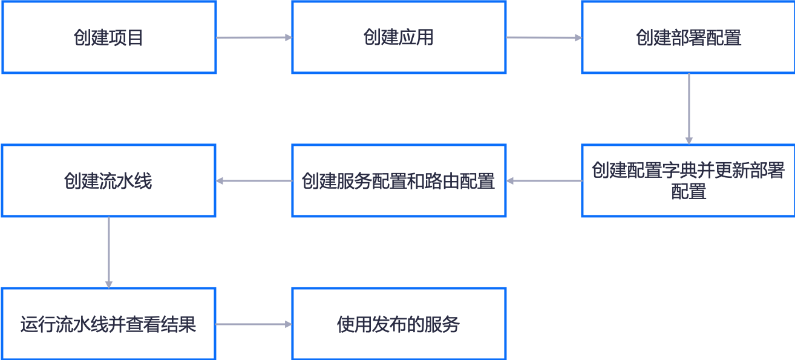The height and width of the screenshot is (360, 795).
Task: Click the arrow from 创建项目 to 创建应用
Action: point(254,38)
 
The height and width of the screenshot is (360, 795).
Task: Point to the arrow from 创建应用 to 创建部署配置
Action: point(544,38)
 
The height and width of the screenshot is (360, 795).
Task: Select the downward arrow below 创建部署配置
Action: point(689,109)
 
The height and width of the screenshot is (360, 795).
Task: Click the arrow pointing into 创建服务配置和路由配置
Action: point(544,181)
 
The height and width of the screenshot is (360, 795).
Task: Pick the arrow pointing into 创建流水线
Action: point(254,181)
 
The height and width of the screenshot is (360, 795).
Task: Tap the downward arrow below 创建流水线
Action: point(109,252)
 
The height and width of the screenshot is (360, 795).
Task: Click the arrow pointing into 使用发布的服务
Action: point(254,324)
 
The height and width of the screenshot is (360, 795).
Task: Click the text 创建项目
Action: point(109,38)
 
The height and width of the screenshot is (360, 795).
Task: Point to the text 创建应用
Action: point(399,38)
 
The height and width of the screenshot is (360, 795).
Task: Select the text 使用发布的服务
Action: point(399,324)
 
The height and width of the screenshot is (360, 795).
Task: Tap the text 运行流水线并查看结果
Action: point(109,324)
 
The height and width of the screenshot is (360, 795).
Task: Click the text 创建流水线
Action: point(109,181)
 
